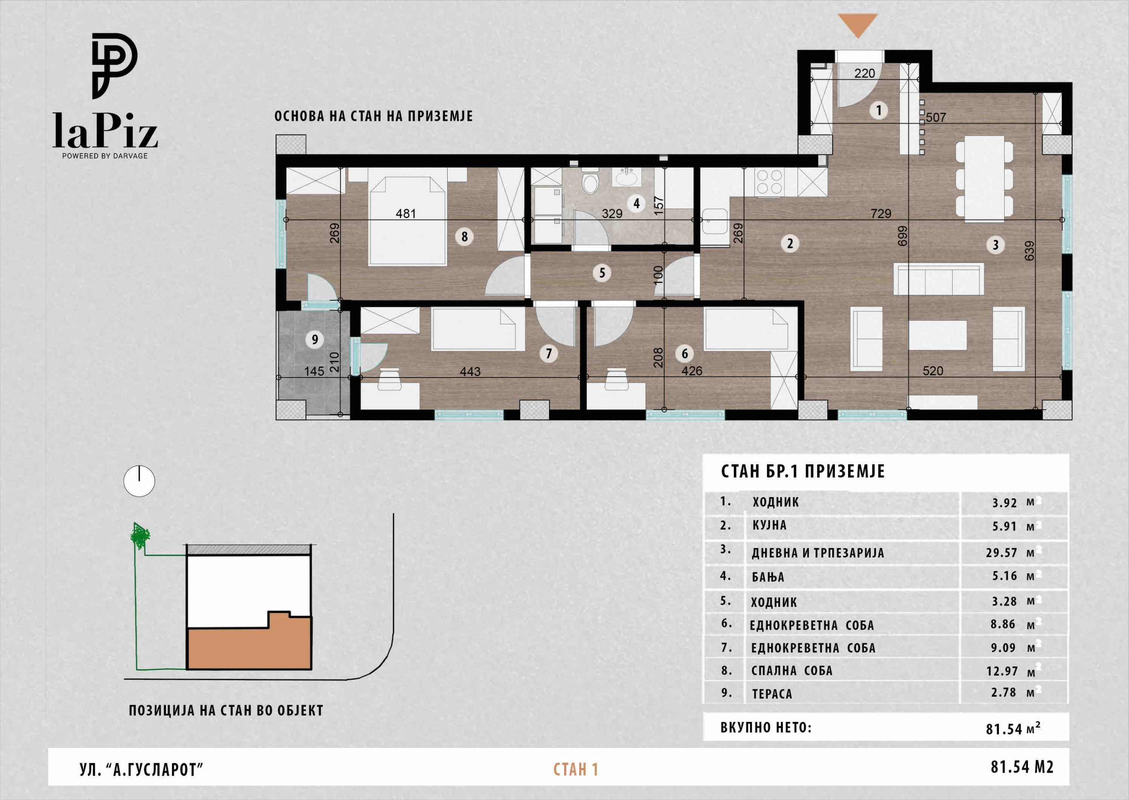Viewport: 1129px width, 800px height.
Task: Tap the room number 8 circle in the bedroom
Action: point(464,236)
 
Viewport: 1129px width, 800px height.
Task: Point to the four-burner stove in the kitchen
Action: point(770,182)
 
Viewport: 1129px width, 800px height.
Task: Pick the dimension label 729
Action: point(881,213)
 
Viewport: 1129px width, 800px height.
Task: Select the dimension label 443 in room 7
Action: point(470,371)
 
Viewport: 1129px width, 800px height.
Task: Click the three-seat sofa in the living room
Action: point(938,279)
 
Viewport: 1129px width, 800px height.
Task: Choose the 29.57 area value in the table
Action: point(1002,553)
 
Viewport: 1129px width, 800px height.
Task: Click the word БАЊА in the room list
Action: point(768,577)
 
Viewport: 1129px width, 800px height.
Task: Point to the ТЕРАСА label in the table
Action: point(772,694)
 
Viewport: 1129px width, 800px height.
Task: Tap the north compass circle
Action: point(139,481)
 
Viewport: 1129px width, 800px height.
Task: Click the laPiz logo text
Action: point(105,130)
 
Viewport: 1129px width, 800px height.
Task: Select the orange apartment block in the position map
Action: point(249,641)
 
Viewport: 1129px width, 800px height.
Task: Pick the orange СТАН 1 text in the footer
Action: point(576,770)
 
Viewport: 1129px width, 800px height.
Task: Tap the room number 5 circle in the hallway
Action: point(602,273)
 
